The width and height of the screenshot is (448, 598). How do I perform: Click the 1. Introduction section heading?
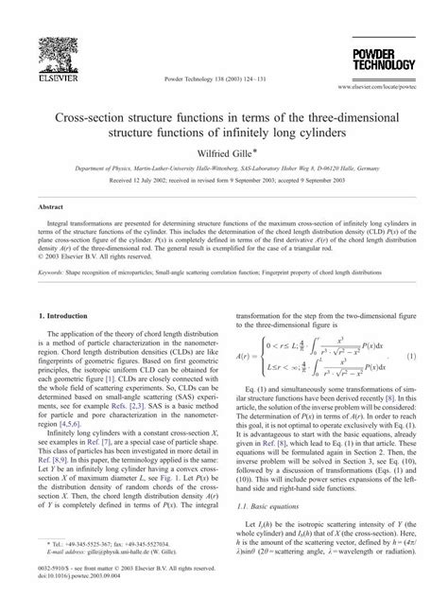pos(65,313)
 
